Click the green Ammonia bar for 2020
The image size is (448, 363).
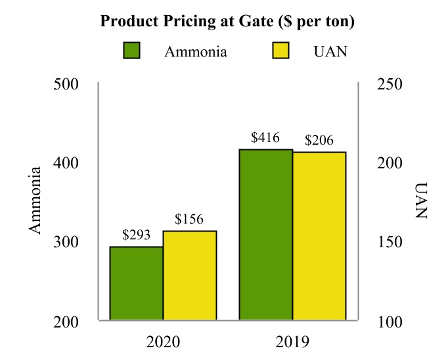coord(136,283)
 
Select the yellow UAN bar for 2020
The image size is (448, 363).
coord(190,276)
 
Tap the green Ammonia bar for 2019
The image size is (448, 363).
coord(265,235)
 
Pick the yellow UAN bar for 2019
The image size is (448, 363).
coord(319,236)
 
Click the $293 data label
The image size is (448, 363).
coord(137,235)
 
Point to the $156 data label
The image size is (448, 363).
coord(190,219)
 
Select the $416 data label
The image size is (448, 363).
coord(265,138)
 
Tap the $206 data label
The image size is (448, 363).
coord(319,140)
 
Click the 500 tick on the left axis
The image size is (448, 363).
coord(66,84)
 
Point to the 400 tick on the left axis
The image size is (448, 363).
coord(66,163)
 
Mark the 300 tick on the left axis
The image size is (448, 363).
coord(66,242)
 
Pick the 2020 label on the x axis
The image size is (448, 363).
coord(162,343)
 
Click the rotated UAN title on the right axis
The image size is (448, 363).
coord(421,202)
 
